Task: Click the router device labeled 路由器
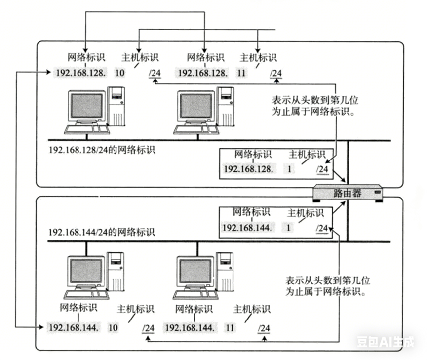348,193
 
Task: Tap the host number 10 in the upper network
120,74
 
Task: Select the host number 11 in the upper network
241,74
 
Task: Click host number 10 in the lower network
113,327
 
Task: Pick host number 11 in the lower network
230,327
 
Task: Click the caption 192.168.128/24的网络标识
102,149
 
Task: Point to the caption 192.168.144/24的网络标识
102,231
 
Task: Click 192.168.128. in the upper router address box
248,169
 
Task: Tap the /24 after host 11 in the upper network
275,74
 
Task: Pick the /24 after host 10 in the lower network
149,327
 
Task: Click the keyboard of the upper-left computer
88,129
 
